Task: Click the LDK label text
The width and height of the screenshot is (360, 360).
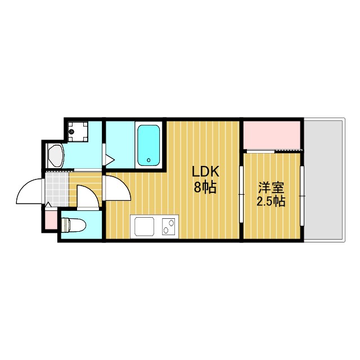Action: pos(205,172)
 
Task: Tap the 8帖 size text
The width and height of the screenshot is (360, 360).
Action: pos(205,188)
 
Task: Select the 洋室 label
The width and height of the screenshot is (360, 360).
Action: pos(271,186)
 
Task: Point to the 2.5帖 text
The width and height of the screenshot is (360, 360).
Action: pos(271,201)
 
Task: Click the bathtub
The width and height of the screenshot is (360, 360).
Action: pos(149,145)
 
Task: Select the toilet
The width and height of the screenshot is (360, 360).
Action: pos(74,226)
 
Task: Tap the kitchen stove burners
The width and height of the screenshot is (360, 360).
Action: pos(168,228)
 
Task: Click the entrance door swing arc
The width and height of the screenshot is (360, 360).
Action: pos(29,191)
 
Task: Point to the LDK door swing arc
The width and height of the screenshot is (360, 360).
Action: pos(117,188)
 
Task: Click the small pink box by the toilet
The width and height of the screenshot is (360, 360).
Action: pos(49,219)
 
